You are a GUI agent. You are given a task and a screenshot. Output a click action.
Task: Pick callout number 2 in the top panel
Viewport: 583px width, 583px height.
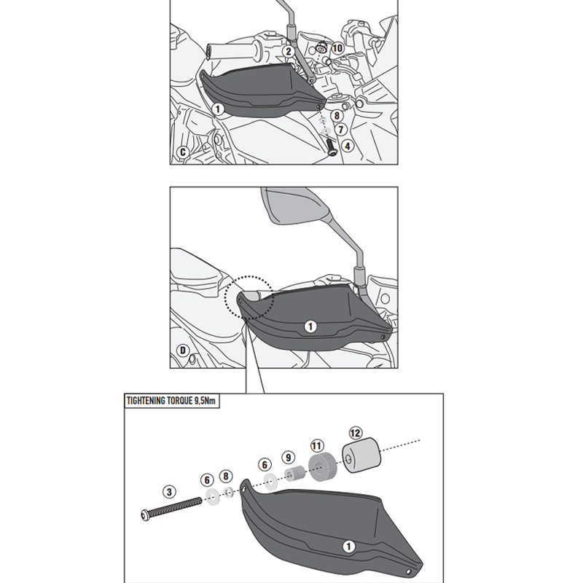click(x=289, y=51)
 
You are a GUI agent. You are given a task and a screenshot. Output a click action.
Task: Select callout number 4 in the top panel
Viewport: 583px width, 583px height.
click(x=348, y=146)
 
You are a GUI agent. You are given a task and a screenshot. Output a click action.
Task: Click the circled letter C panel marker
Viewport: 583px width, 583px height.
click(x=183, y=152)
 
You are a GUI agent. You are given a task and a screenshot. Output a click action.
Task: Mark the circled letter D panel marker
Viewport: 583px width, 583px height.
click(x=183, y=351)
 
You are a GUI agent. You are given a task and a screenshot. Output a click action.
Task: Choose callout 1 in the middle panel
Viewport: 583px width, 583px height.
click(x=310, y=327)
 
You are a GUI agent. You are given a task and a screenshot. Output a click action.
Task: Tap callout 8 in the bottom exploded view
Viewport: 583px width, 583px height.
click(x=226, y=476)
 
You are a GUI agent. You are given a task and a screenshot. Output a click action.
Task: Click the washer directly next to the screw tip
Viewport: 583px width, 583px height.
click(x=212, y=496)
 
